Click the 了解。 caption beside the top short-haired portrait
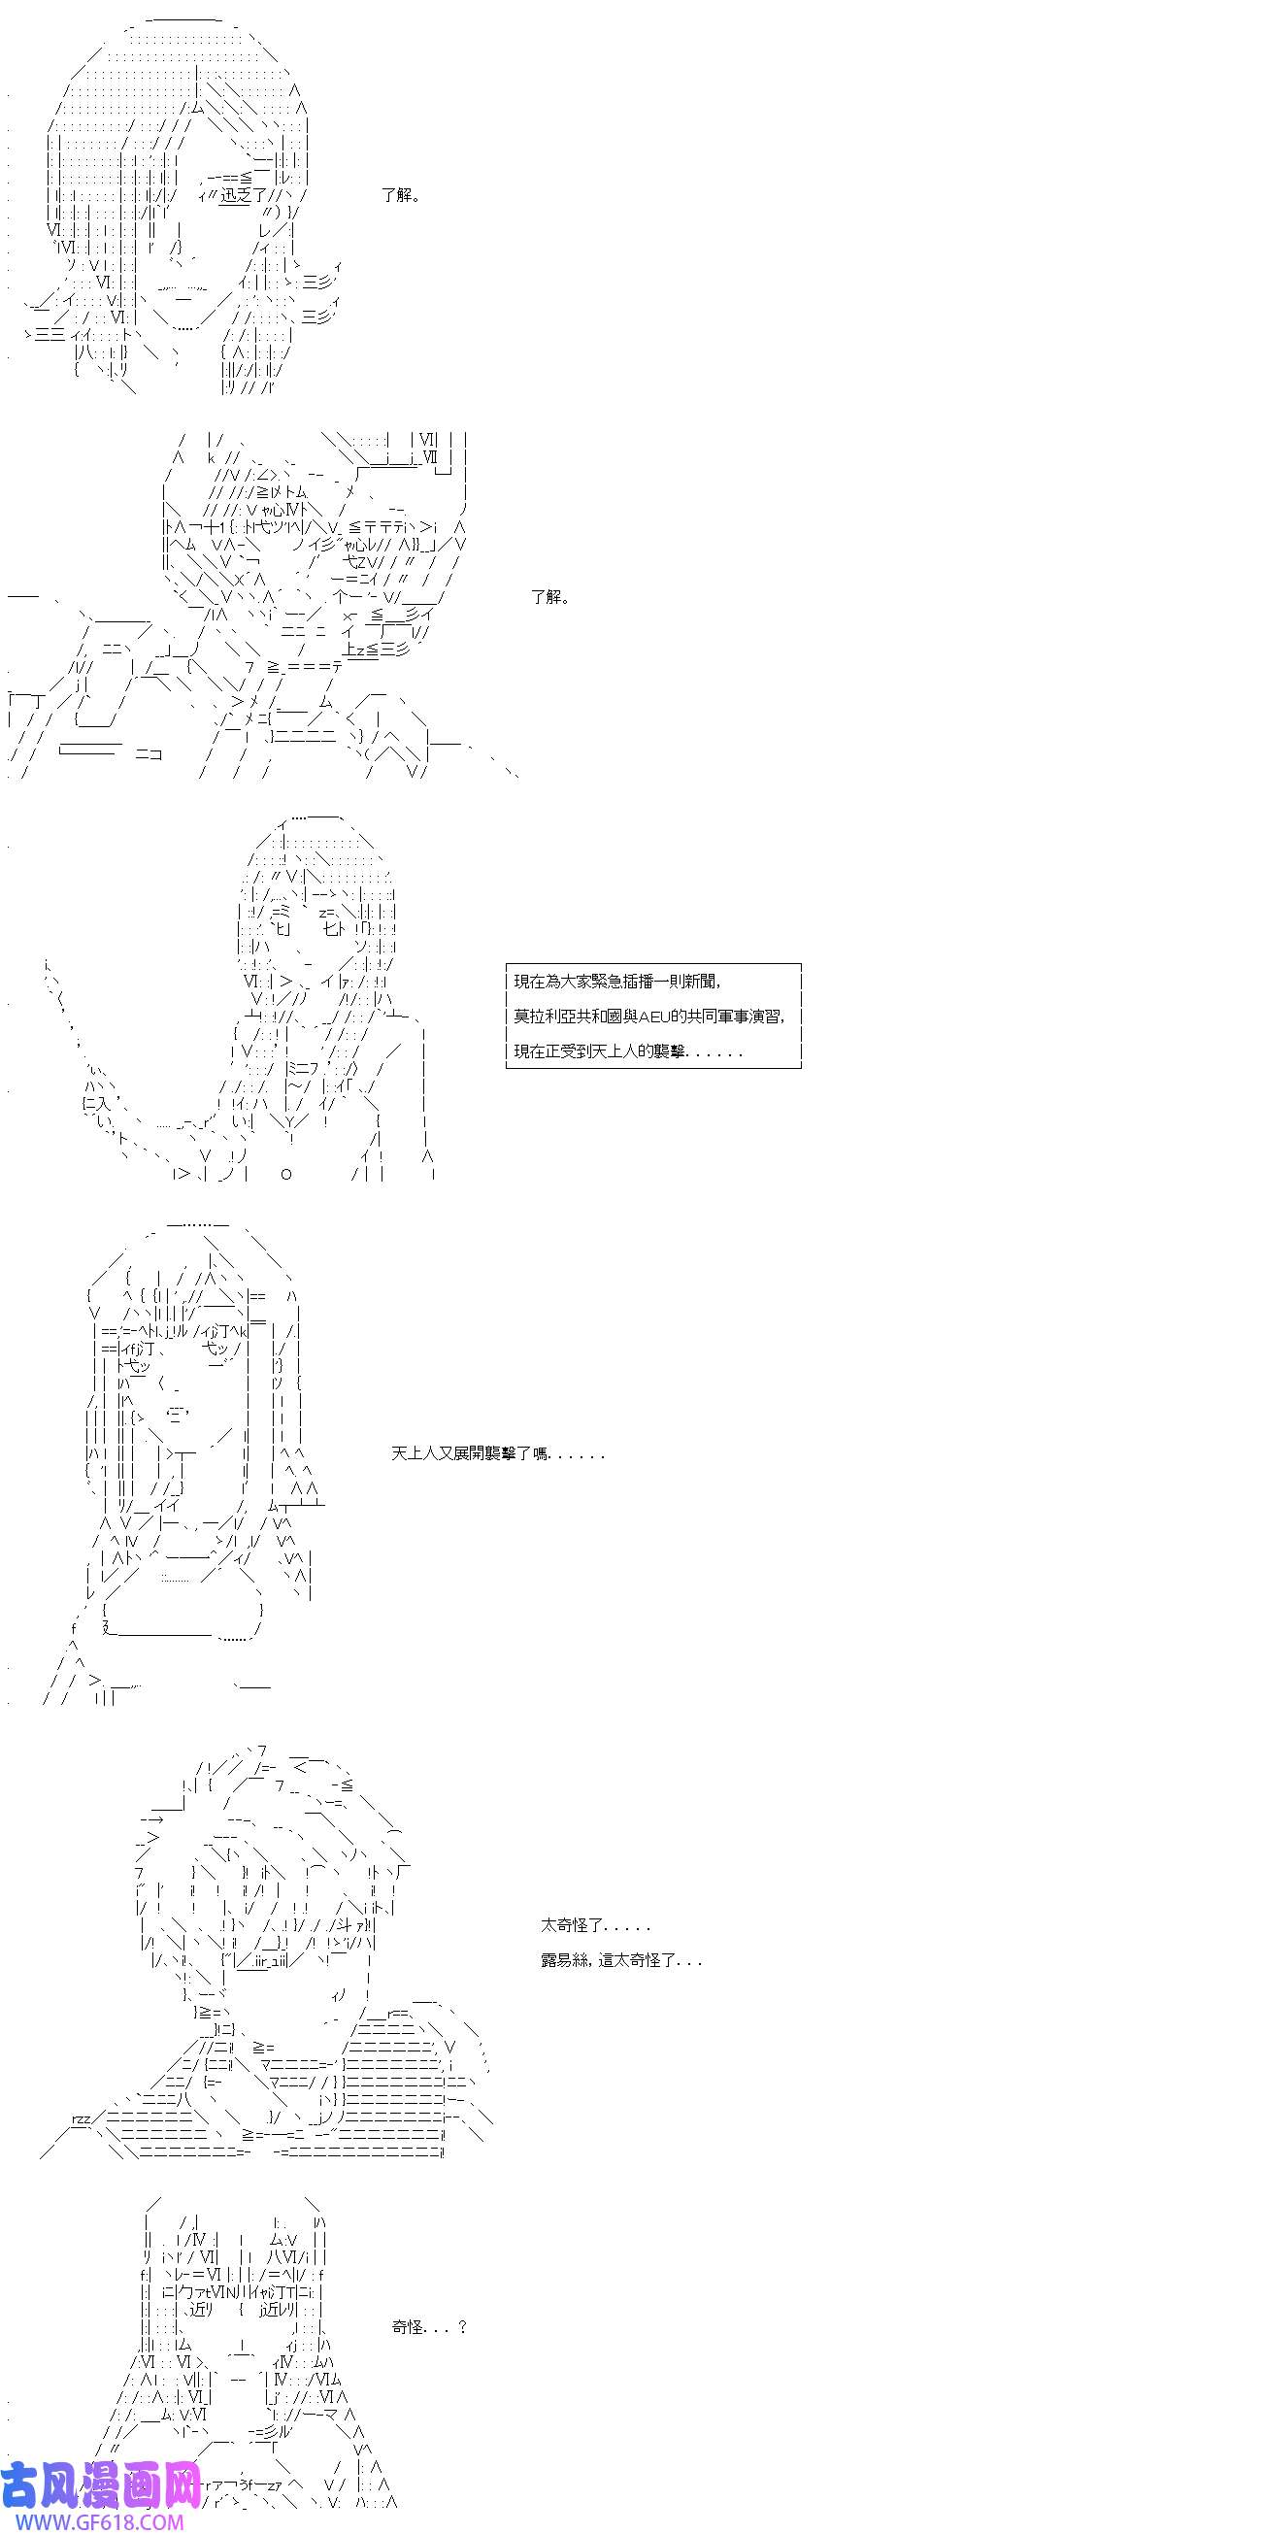(401, 195)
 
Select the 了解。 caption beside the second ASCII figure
(550, 596)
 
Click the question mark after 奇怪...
(462, 2326)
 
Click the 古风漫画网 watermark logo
(101, 2486)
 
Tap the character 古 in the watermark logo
(20, 2486)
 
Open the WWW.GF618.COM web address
(92, 2522)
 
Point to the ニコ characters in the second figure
(149, 753)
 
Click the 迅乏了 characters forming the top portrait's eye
(237, 196)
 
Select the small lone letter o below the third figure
(286, 1175)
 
